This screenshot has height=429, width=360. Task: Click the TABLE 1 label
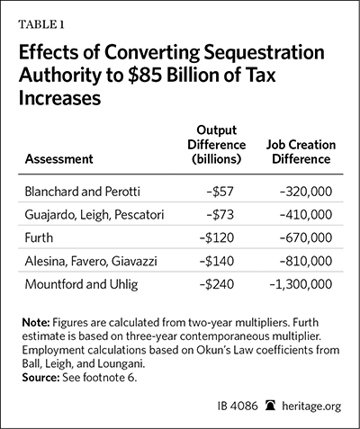pos(41,24)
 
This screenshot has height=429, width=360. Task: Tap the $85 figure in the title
pos(144,75)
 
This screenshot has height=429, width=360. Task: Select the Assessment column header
pos(58,159)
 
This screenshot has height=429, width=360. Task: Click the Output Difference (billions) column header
pos(217,145)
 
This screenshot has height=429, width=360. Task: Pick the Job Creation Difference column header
pos(301,152)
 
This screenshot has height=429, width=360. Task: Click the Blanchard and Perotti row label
pos(82,192)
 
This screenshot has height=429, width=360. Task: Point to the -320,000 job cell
pos(306,192)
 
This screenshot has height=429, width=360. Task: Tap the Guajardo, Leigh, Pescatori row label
pos(94,215)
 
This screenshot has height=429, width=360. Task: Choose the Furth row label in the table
pos(39,237)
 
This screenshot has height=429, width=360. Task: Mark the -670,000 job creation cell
pos(306,237)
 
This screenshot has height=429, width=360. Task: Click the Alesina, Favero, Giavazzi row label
pos(91,261)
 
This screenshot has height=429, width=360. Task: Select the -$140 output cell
pos(217,261)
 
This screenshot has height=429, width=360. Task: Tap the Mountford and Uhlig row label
pos(81,284)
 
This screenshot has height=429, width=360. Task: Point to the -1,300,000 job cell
pos(301,284)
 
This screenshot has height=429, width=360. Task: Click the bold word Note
pos(36,323)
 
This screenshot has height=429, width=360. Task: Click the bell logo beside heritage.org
pos(270,406)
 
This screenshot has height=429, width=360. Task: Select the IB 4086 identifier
pos(238,407)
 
